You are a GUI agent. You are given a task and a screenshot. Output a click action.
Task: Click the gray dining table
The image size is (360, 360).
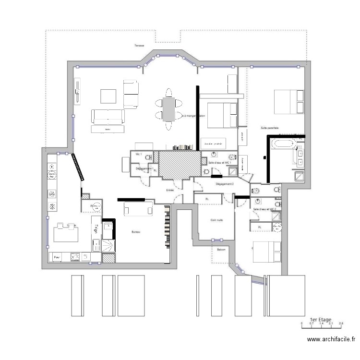pos(168,109)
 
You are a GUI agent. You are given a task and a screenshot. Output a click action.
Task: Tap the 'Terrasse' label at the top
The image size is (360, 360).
pos(139,46)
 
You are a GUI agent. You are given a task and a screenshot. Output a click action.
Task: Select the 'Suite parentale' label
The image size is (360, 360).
pos(270,128)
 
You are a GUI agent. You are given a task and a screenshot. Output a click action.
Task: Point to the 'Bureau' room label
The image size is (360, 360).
pos(136,232)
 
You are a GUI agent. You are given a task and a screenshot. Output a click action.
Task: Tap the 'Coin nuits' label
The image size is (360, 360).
pos(216,220)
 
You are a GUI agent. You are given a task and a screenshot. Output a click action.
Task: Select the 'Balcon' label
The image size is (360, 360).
pos(221,250)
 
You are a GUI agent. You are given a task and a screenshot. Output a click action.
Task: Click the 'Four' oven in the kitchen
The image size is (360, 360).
pos(57,258)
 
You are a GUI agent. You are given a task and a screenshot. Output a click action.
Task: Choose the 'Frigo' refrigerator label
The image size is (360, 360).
pos(96,229)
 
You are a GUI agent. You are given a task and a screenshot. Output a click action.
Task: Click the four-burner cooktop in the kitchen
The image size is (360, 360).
pos(75,257)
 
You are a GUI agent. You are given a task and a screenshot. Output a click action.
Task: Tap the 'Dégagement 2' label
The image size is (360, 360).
pos(225,184)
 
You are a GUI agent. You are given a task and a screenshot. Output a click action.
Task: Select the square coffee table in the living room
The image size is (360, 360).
pos(108,96)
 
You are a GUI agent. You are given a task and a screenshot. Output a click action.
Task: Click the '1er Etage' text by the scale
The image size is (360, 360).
pos(321,319)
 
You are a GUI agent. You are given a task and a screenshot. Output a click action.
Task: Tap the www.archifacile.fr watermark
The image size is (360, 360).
pos(331,340)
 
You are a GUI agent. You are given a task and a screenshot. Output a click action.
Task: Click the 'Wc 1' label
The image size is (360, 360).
pos(138,155)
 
